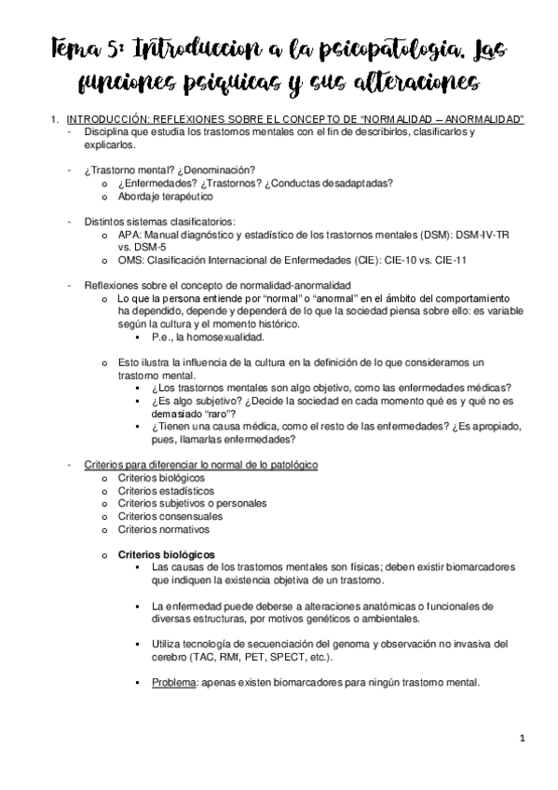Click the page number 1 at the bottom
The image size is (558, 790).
click(524, 739)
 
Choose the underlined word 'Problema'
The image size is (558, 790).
click(171, 682)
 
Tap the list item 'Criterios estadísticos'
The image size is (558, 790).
click(165, 490)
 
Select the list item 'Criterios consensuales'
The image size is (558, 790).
click(170, 515)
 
